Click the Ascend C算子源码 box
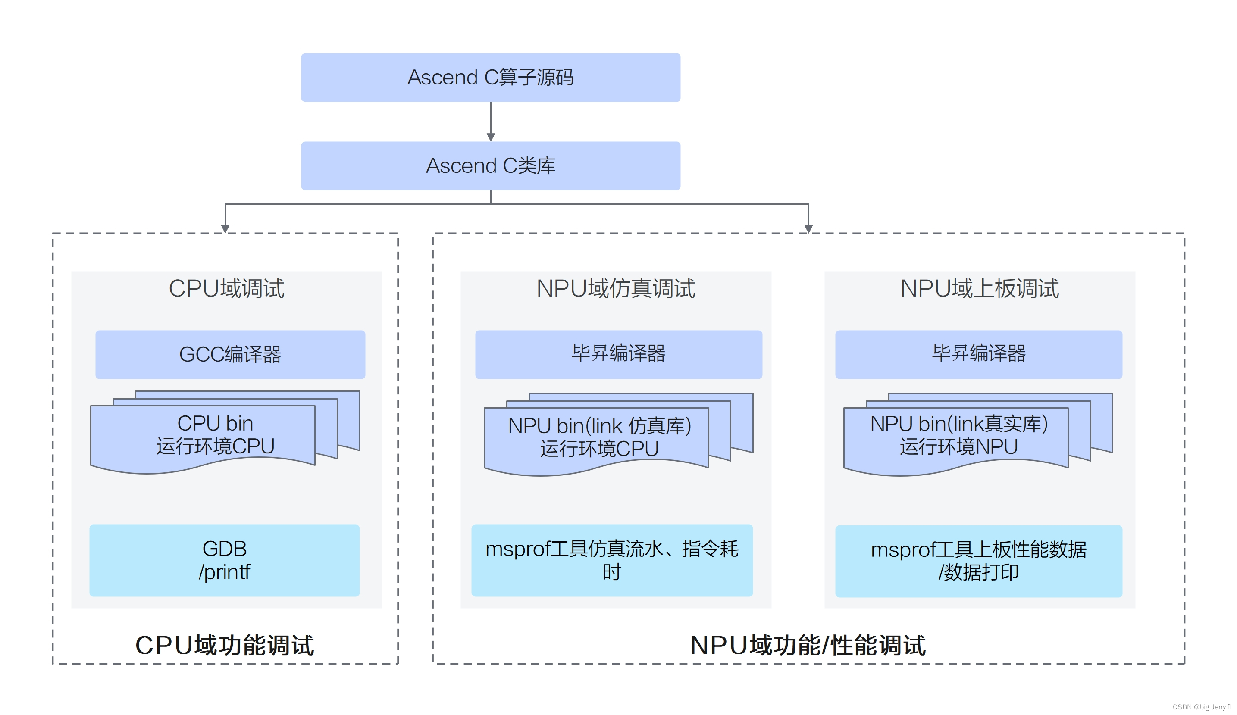click(x=490, y=78)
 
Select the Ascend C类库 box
click(x=490, y=166)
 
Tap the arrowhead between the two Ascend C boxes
click(x=490, y=137)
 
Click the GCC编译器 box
click(x=230, y=354)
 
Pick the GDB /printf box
click(x=224, y=560)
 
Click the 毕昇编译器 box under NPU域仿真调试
click(x=618, y=354)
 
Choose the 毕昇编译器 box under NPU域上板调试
click(x=978, y=354)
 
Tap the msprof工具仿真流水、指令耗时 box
click(x=612, y=560)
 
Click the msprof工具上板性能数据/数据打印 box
click(x=978, y=561)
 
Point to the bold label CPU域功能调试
click(x=224, y=645)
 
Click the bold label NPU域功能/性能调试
click(x=808, y=645)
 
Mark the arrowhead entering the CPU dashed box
click(x=225, y=229)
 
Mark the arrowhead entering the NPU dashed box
click(x=808, y=229)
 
